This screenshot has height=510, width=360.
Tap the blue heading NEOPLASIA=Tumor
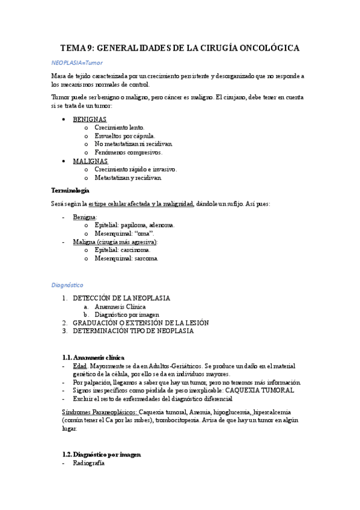tap(77, 62)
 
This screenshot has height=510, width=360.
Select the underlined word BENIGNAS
tap(90, 119)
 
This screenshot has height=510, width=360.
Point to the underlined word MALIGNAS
tap(90, 161)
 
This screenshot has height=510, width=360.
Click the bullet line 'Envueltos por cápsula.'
tap(124, 136)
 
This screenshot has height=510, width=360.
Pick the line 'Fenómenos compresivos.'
tap(129, 153)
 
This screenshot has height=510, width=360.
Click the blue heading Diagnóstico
tap(67, 284)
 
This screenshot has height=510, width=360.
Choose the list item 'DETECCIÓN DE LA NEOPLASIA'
tap(121, 298)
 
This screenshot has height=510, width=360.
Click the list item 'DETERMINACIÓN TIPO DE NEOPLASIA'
tap(133, 331)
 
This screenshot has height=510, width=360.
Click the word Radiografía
tap(88, 463)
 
